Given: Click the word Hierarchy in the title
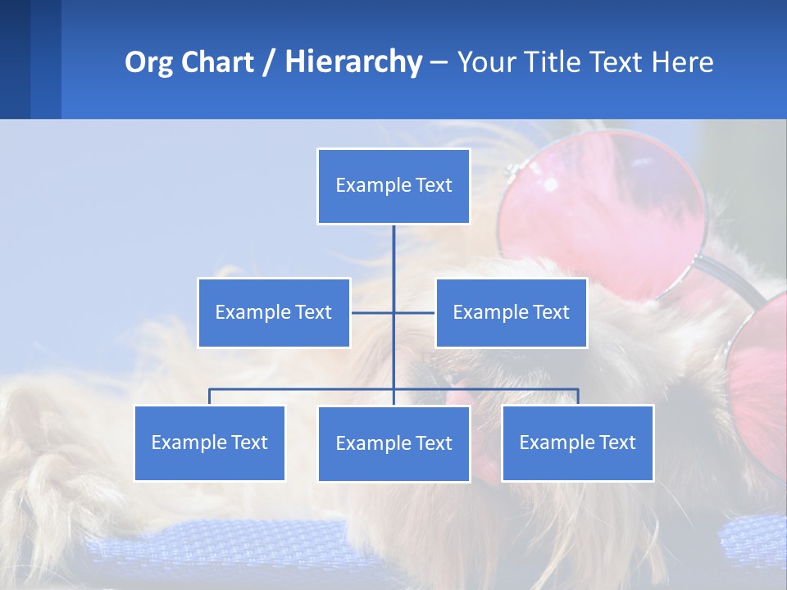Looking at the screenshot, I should click(353, 62).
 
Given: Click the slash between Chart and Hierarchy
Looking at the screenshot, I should click(270, 63).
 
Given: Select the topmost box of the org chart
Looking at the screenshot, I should click(393, 186).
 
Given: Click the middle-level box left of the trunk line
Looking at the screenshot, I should click(274, 312).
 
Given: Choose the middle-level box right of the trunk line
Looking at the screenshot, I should click(511, 312).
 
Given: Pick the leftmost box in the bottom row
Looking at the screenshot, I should click(210, 442).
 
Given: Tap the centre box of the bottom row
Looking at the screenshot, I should click(393, 443).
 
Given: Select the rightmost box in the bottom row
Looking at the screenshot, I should click(577, 442).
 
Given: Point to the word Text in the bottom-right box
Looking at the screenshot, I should click(616, 442).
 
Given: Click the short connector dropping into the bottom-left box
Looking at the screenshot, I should click(210, 397).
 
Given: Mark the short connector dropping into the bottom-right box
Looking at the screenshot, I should click(578, 397).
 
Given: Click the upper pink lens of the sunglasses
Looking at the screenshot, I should click(603, 209).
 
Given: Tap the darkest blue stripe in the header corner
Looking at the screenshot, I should click(15, 59).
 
